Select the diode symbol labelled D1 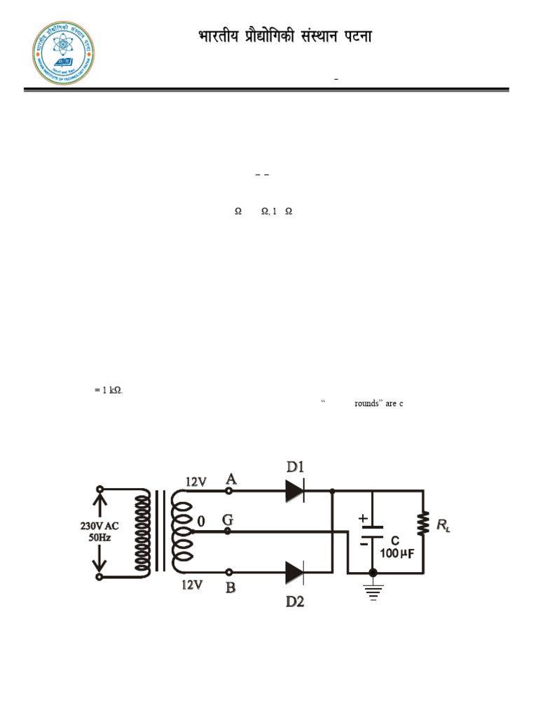coord(295,492)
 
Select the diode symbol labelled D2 coord(295,574)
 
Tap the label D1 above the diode coord(296,467)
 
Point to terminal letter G coord(228,520)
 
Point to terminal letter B coord(230,588)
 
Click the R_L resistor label coord(444,525)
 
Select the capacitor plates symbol coord(373,532)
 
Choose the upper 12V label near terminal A coord(197,482)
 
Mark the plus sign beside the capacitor coord(363,518)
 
